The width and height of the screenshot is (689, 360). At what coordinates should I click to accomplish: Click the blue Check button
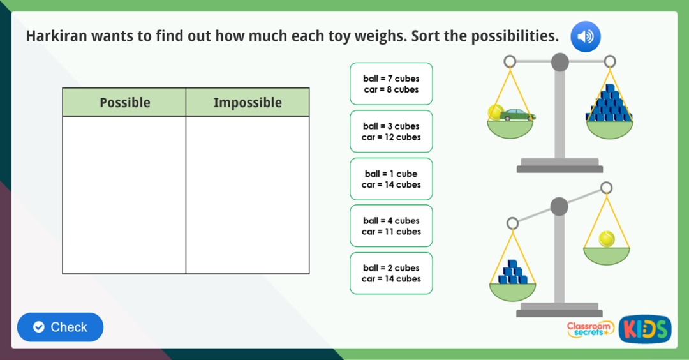pos(60,327)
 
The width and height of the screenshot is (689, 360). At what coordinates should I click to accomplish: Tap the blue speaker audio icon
pos(585,36)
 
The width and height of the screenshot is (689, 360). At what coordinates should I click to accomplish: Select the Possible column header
pos(124,103)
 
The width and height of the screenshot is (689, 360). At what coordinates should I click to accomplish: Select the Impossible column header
pos(248,103)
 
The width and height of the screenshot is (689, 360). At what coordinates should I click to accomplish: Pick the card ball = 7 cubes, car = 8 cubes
pos(391,84)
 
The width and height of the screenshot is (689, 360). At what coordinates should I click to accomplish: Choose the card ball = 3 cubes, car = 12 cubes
pos(391,131)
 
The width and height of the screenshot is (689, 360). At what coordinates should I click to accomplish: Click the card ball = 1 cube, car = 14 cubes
pos(391,179)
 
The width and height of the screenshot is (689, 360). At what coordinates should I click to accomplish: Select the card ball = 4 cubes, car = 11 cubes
pos(391,226)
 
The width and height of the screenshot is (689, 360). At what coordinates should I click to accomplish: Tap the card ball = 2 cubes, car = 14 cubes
pos(391,273)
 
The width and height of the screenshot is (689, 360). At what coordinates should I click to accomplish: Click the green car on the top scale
pos(517,115)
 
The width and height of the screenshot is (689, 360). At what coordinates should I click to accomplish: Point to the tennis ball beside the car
pos(495,112)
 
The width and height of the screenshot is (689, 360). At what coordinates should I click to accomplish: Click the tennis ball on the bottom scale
pos(606,239)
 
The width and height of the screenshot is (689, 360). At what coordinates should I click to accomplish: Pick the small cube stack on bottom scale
pos(512,273)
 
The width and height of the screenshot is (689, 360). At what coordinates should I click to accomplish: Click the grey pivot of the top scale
pos(559,63)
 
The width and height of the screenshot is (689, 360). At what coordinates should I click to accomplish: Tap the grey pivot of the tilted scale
pos(559,207)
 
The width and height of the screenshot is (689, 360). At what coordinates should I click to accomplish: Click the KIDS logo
pos(644,329)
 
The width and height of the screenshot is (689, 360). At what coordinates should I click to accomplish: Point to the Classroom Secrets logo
pos(590,328)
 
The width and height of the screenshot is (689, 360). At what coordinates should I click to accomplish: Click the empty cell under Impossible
pos(248,195)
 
